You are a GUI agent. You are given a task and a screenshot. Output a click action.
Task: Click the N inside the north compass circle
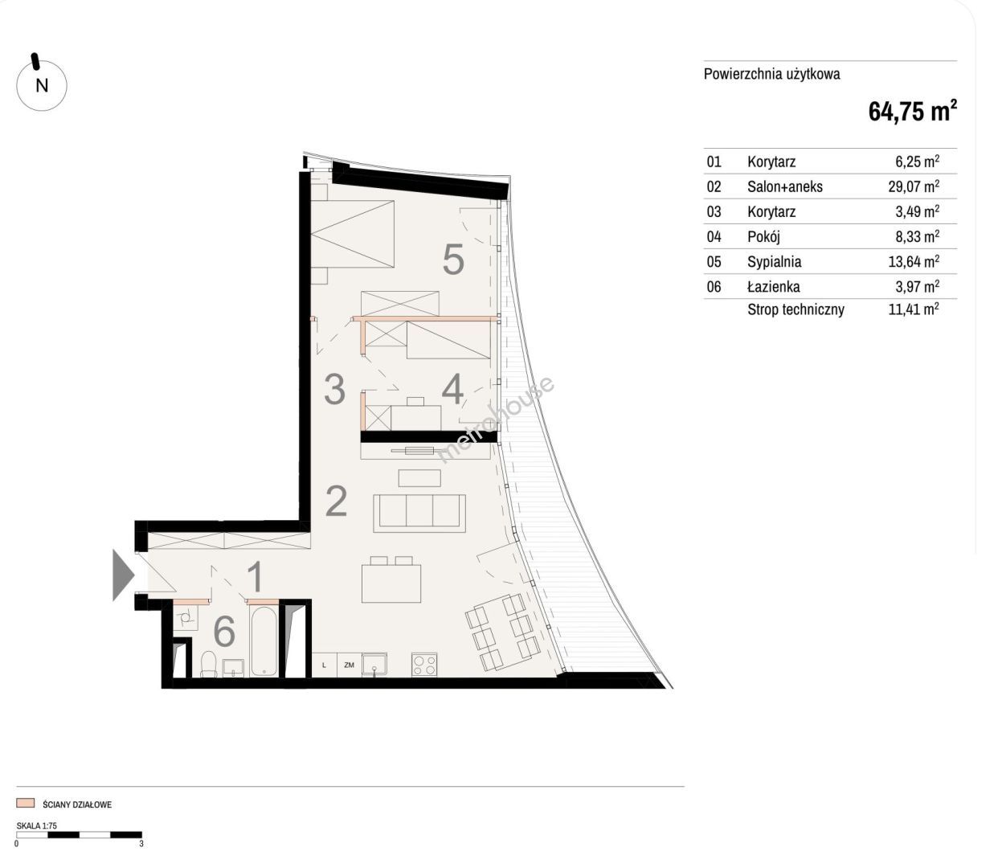[42, 86]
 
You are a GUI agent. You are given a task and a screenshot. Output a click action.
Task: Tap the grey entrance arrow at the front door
[123, 575]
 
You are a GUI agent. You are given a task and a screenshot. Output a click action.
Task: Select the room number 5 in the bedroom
[453, 260]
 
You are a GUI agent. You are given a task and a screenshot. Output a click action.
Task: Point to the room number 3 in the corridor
[334, 389]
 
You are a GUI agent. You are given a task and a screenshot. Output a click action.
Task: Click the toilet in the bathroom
[209, 664]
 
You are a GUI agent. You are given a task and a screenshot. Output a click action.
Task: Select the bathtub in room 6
[264, 641]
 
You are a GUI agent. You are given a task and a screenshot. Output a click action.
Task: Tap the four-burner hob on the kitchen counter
[424, 665]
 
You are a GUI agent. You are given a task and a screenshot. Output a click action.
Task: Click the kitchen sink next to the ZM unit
[374, 665]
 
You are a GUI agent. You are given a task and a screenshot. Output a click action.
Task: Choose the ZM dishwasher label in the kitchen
[350, 665]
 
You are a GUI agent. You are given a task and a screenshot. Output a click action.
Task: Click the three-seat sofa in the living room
[419, 514]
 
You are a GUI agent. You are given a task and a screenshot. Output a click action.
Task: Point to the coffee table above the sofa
[419, 477]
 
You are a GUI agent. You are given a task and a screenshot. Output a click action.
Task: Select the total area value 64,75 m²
[912, 110]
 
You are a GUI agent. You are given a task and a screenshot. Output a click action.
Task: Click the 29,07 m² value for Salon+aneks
[914, 186]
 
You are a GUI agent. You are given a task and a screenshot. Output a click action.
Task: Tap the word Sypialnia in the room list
[774, 261]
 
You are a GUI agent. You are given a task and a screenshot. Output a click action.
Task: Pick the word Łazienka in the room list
[774, 286]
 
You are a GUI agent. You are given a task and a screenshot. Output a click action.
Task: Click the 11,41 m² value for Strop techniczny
[914, 309]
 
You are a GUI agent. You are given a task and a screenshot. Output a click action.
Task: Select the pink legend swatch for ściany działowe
[26, 804]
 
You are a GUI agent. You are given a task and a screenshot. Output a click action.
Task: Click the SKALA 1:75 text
[37, 825]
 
